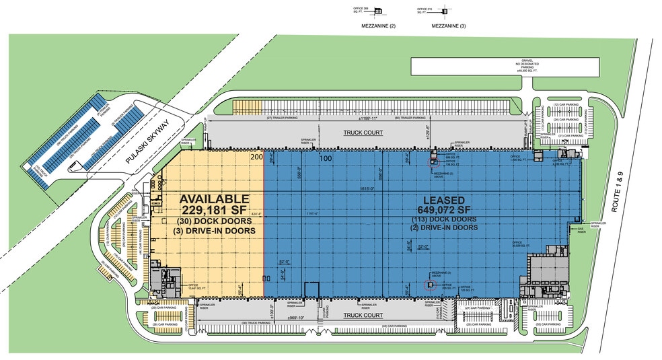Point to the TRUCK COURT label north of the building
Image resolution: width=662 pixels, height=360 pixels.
(x=363, y=133)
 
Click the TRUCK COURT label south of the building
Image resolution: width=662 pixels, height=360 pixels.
(x=363, y=315)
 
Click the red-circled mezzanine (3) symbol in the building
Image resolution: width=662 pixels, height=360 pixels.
(x=431, y=285)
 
